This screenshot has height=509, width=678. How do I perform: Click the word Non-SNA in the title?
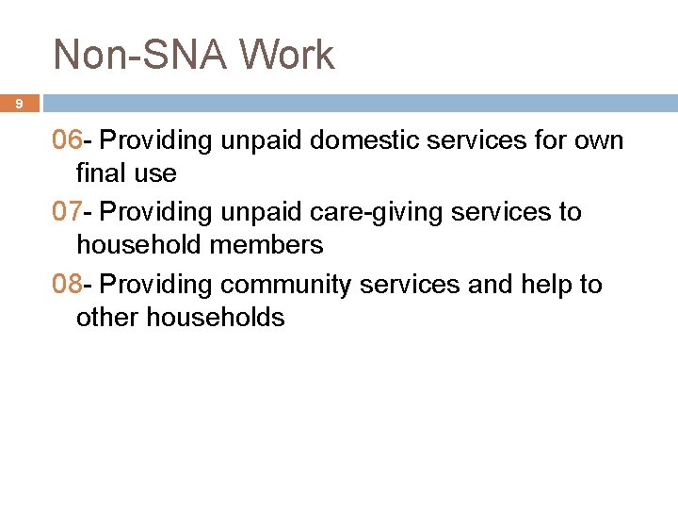(x=138, y=55)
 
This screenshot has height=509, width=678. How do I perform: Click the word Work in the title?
(x=286, y=55)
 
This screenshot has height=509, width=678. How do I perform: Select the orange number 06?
(x=68, y=140)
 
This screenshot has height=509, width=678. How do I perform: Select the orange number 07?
(x=68, y=212)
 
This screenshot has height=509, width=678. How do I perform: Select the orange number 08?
(x=68, y=284)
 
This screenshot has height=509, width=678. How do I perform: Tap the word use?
(x=155, y=173)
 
